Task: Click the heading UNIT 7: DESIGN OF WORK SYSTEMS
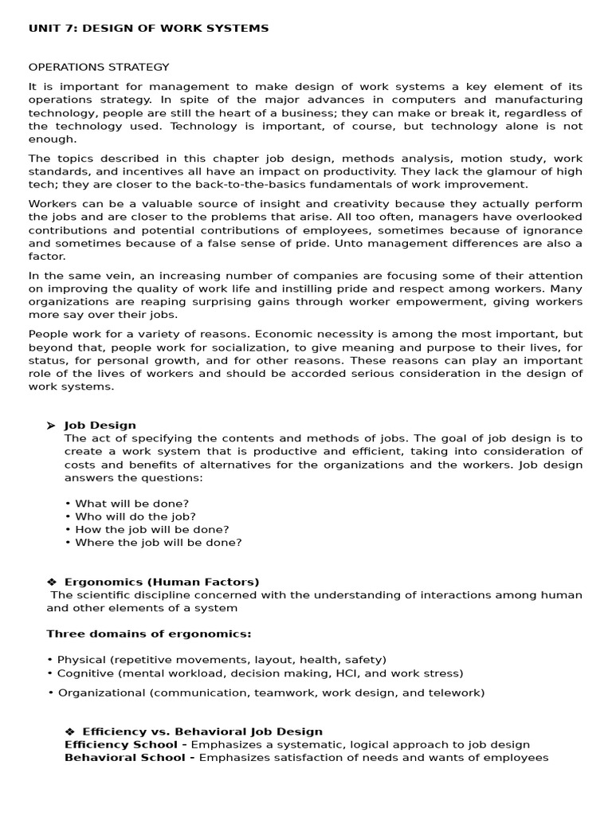[148, 29]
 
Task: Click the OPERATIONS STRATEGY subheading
[99, 67]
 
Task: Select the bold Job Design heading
[100, 426]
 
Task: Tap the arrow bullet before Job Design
[51, 426]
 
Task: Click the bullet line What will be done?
[131, 504]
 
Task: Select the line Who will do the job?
[135, 516]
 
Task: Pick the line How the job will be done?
[152, 530]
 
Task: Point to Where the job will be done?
[159, 543]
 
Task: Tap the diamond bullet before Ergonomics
[51, 582]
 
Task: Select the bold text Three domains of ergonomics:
[149, 634]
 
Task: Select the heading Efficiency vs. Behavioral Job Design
[202, 732]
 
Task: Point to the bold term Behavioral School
[125, 758]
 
